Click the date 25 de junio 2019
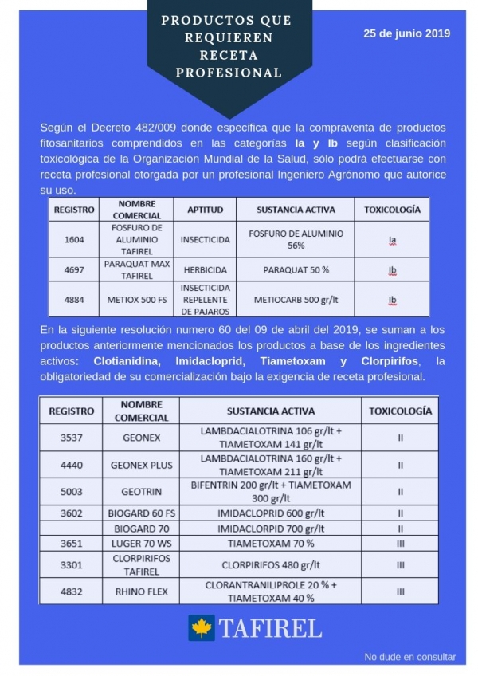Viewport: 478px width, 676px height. (x=406, y=34)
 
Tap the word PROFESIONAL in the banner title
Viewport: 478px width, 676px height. (x=229, y=73)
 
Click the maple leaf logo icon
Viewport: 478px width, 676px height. (x=202, y=627)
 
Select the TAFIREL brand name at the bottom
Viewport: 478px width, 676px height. (x=270, y=628)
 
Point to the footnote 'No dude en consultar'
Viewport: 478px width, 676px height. (x=410, y=657)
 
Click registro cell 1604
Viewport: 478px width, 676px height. (x=73, y=238)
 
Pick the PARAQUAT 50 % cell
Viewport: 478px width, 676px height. (x=296, y=270)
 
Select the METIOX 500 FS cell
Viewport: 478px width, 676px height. (x=137, y=300)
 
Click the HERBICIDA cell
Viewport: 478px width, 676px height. (x=206, y=270)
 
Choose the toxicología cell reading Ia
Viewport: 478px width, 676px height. (x=392, y=238)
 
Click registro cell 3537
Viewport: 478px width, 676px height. (x=71, y=438)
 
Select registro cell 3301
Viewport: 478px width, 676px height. (x=71, y=564)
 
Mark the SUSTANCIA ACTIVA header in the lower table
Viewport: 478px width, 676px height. (x=270, y=411)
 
